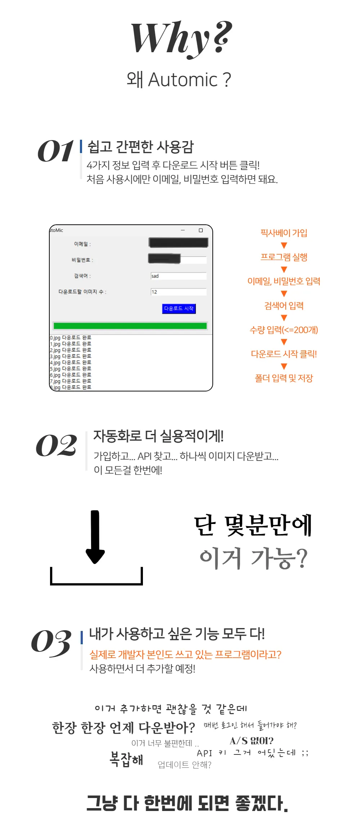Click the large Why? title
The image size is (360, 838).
click(181, 39)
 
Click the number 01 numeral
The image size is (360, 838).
click(55, 151)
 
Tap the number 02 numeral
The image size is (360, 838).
click(56, 445)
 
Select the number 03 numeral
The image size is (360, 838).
click(51, 643)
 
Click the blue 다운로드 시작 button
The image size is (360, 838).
click(179, 309)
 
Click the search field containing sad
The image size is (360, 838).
click(179, 276)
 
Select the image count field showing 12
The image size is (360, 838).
click(179, 292)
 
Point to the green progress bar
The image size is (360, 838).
click(130, 326)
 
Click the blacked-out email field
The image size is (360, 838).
click(179, 243)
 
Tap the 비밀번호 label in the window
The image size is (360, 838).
click(82, 260)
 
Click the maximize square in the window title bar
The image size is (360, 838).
click(201, 230)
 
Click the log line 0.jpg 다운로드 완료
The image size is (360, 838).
click(71, 338)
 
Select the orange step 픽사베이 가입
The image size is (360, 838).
click(284, 233)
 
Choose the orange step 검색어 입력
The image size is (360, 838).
click(284, 306)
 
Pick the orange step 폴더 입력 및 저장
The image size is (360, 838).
click(284, 378)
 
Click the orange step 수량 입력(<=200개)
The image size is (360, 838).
click(284, 330)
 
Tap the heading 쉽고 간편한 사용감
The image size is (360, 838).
click(141, 147)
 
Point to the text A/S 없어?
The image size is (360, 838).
click(252, 741)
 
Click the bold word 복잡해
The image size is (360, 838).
click(126, 759)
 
